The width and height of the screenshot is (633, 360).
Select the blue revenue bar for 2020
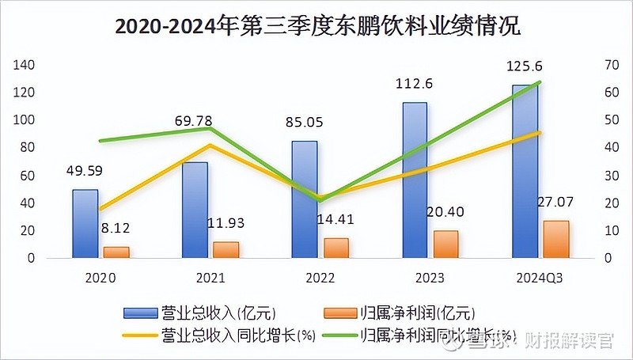pyautogui.click(x=85, y=224)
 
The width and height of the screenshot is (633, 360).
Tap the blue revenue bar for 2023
pyautogui.click(x=414, y=180)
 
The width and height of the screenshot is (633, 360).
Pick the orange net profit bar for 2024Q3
pyautogui.click(x=555, y=239)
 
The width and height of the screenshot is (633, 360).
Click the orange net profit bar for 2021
pyautogui.click(x=226, y=249)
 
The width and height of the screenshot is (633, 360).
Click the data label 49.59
pyautogui.click(x=85, y=171)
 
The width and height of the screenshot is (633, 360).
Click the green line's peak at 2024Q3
pyautogui.click(x=540, y=81)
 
